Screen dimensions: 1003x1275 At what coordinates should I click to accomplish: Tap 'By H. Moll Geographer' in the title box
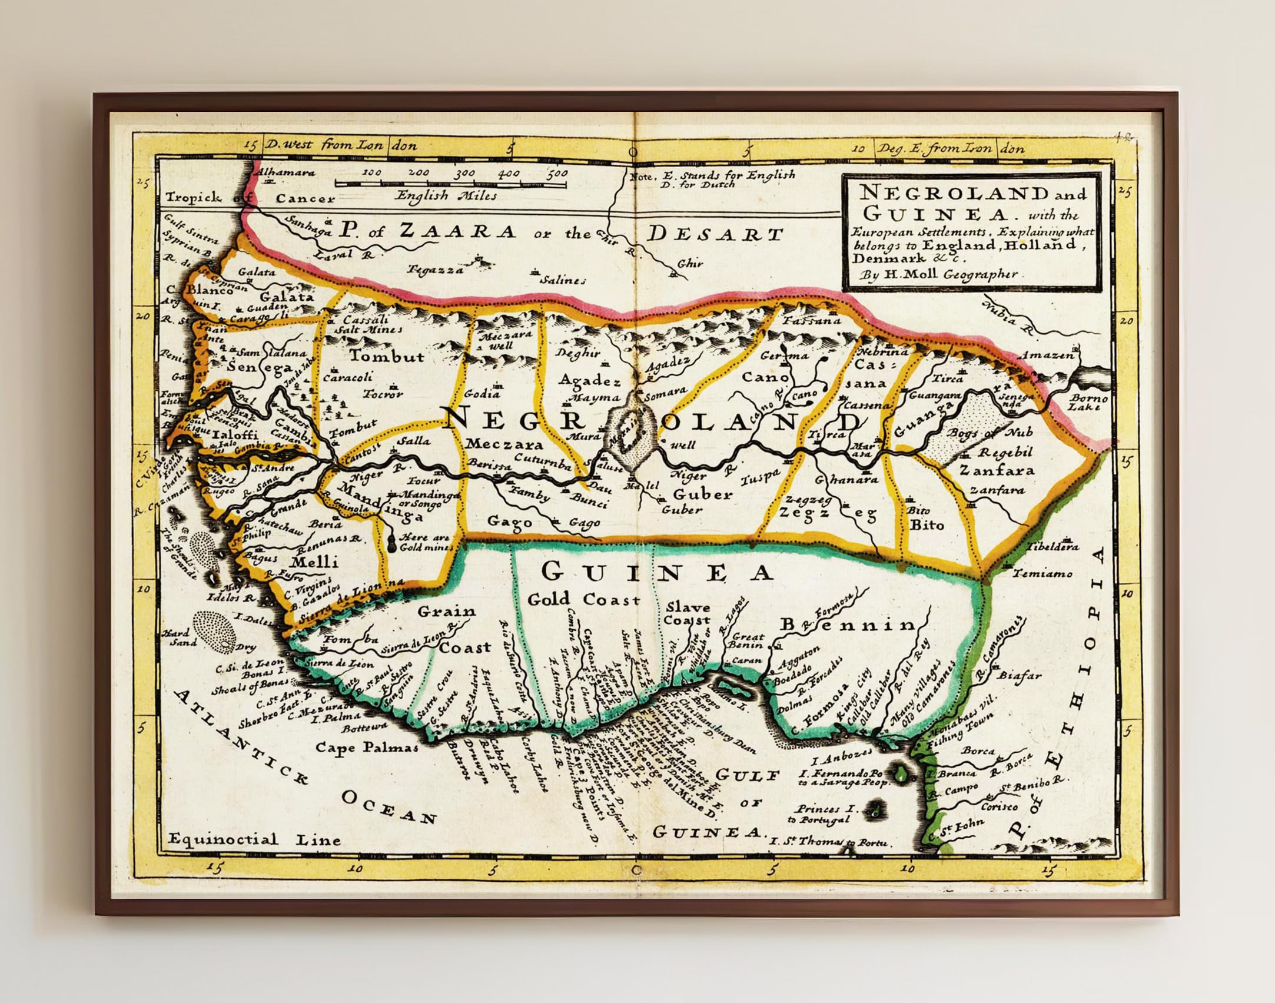pyautogui.click(x=938, y=274)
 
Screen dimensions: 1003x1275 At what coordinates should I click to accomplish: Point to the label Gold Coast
pyautogui.click(x=583, y=600)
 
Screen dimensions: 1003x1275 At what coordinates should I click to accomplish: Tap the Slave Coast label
pyautogui.click(x=688, y=613)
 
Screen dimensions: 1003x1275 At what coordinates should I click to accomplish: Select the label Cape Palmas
pyautogui.click(x=367, y=748)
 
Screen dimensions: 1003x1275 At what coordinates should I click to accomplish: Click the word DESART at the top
pyautogui.click(x=715, y=234)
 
